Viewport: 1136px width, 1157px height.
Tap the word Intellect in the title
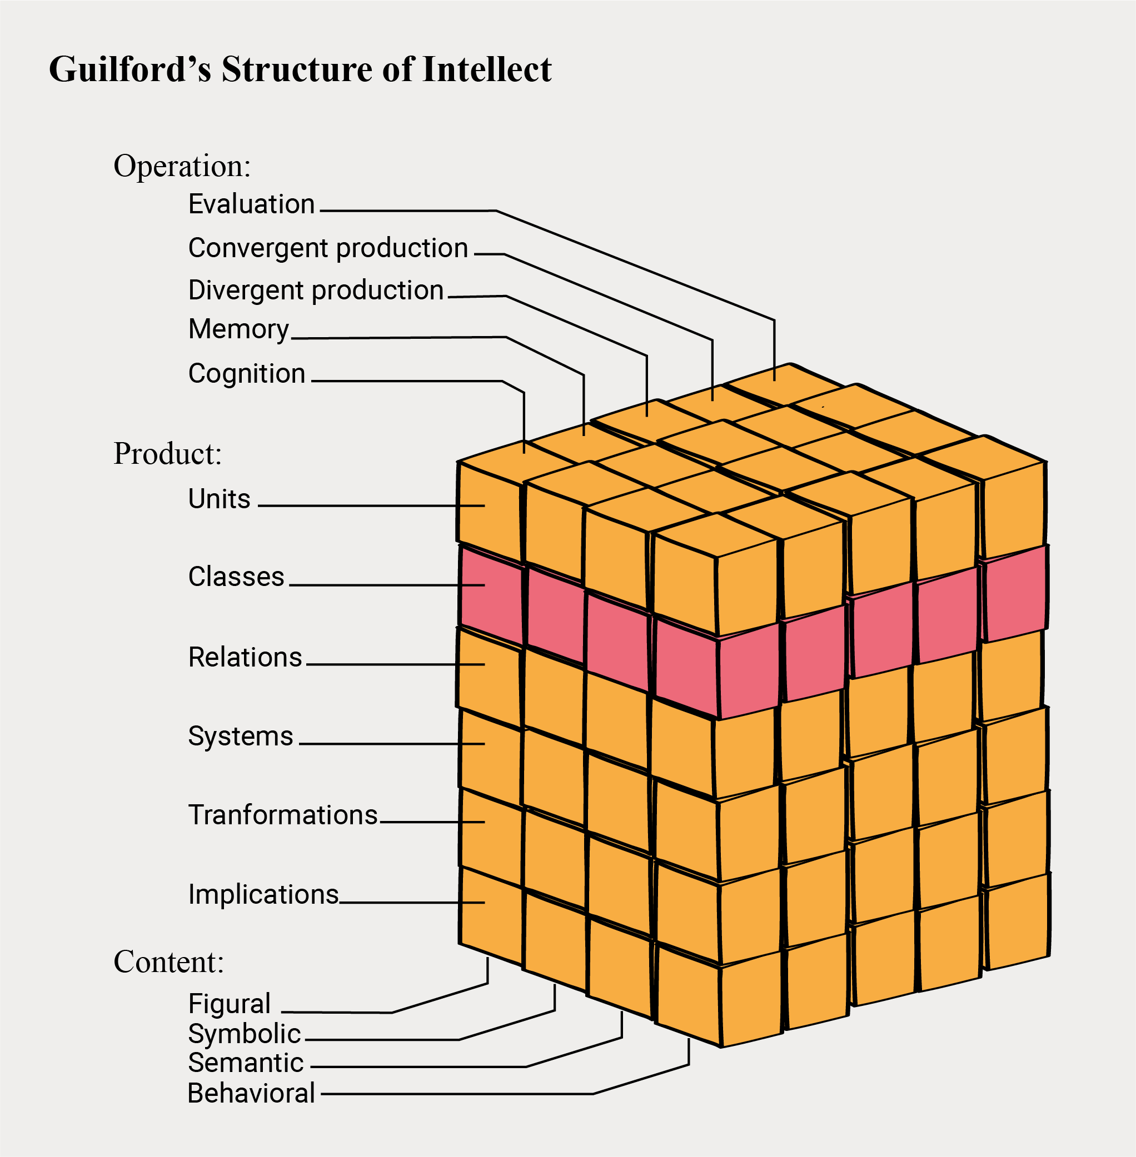[x=487, y=70]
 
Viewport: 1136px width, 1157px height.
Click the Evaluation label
[x=251, y=204]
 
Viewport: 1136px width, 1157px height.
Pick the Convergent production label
[x=327, y=248]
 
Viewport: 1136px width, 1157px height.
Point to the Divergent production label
[x=316, y=290]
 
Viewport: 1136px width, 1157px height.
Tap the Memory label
[x=238, y=329]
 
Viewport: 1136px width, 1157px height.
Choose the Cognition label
[x=246, y=374]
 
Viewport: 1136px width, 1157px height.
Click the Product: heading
[x=168, y=454]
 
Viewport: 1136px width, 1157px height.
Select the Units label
[x=219, y=499]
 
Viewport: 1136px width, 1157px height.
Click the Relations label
[x=245, y=657]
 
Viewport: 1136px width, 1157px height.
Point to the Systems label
[x=241, y=737]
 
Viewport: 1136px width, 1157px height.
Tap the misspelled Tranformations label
[x=283, y=815]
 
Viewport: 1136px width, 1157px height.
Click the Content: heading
[x=169, y=962]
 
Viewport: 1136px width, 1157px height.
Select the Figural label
[x=229, y=1004]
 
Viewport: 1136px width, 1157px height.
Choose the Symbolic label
[x=244, y=1034]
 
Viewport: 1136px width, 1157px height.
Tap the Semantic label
[x=246, y=1063]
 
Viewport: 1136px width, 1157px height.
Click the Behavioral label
[x=251, y=1093]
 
